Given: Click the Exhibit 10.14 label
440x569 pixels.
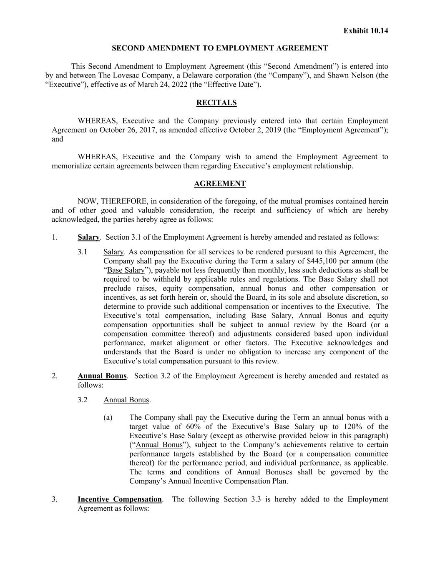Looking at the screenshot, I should pos(365,30).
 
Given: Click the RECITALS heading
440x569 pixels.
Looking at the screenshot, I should pos(216,103).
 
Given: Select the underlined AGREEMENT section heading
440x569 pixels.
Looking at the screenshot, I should pos(220,183).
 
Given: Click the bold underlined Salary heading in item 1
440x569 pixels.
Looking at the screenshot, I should pos(88,237).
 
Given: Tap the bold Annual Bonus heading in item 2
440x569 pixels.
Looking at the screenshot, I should pos(102,376).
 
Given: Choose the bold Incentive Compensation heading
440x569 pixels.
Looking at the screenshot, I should pos(120,499).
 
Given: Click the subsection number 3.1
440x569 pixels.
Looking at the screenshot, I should pos(82,252).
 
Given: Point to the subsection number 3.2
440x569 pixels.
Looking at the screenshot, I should pos(82,400).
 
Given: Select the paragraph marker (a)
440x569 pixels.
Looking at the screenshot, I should pos(108,417).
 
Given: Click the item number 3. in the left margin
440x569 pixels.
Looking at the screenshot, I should pos(55,499).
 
